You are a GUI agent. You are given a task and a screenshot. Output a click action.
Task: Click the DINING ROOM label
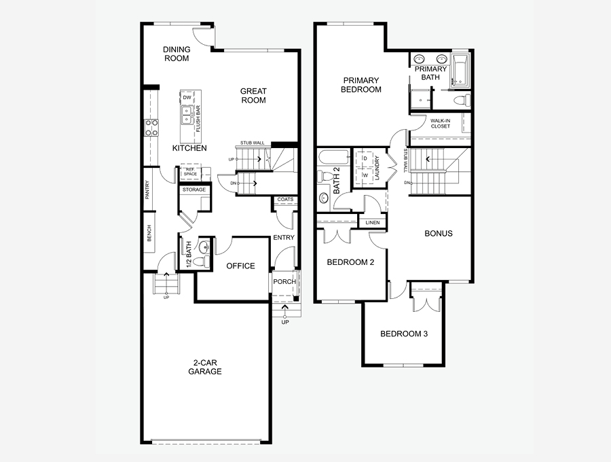pyautogui.click(x=177, y=54)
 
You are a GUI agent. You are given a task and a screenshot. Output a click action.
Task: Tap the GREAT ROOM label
pyautogui.click(x=253, y=96)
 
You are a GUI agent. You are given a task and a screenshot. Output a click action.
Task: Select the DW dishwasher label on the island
pyautogui.click(x=187, y=97)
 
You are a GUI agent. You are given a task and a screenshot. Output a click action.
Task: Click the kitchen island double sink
pyautogui.click(x=187, y=115)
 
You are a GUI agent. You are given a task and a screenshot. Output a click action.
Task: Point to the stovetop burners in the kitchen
pyautogui.click(x=151, y=128)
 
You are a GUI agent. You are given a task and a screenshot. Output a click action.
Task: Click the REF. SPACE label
pyautogui.click(x=190, y=171)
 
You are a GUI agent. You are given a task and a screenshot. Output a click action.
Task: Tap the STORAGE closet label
pyautogui.click(x=194, y=190)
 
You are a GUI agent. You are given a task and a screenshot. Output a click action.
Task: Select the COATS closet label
pyautogui.click(x=285, y=199)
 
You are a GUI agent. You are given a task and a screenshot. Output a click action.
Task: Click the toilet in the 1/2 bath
pyautogui.click(x=201, y=262)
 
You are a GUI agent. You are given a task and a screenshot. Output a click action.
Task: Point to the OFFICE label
pyautogui.click(x=240, y=266)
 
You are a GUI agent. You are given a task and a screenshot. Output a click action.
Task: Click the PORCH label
pyautogui.click(x=284, y=281)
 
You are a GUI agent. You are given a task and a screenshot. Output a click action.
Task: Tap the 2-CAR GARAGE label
pyautogui.click(x=205, y=368)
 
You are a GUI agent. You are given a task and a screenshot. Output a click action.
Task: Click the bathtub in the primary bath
pyautogui.click(x=460, y=69)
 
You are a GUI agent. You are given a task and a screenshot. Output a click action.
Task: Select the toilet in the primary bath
pyautogui.click(x=462, y=100)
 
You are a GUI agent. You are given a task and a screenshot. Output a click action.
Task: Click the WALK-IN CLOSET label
pyautogui.click(x=441, y=124)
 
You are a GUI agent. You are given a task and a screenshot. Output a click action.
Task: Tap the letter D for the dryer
pyautogui.click(x=365, y=158)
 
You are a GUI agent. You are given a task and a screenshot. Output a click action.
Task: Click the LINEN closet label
pyautogui.click(x=373, y=223)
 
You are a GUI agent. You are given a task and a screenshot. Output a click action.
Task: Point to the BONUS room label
pyautogui.click(x=439, y=234)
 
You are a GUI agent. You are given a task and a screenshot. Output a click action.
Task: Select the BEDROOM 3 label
pyautogui.click(x=404, y=334)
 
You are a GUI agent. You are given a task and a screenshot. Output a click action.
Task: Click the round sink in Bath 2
pyautogui.click(x=324, y=198)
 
